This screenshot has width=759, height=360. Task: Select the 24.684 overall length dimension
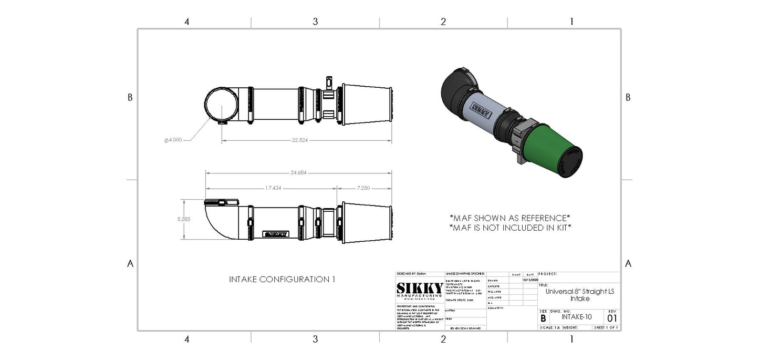tap(298, 172)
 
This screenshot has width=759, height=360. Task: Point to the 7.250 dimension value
tap(364, 188)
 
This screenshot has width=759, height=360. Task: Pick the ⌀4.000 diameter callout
tap(173, 140)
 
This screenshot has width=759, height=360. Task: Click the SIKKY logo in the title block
tap(419, 290)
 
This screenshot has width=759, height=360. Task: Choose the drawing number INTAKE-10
tap(577, 317)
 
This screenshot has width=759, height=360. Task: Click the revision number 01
tap(612, 318)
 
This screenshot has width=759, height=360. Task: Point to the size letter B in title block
tap(543, 318)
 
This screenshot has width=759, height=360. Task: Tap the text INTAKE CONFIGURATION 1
tap(282, 280)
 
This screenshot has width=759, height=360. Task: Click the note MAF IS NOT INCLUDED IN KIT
tap(510, 228)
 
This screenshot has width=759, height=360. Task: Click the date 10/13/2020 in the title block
tap(530, 280)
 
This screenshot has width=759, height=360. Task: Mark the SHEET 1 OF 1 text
tap(606, 327)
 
